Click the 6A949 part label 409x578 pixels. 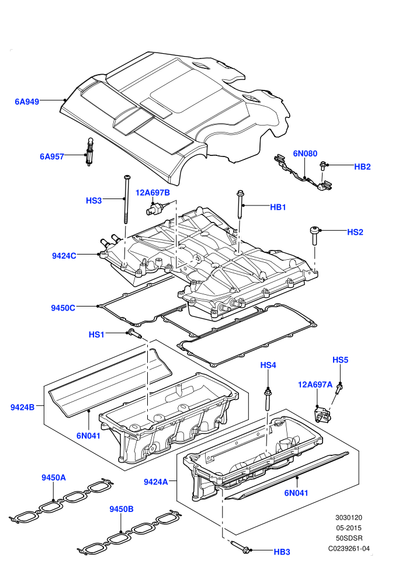click(27, 102)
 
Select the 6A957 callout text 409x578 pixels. click(52, 156)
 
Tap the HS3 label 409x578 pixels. click(93, 200)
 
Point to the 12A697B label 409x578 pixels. click(152, 193)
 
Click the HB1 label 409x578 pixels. click(278, 207)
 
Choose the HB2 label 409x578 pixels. click(362, 166)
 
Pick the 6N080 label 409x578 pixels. click(305, 154)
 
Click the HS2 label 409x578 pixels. click(355, 232)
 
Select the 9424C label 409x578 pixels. click(64, 256)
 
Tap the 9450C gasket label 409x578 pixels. click(63, 308)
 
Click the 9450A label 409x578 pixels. click(54, 478)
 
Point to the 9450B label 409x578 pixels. click(122, 509)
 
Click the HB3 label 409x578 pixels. click(282, 552)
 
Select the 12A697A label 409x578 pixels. click(316, 385)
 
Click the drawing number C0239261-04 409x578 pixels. click(349, 548)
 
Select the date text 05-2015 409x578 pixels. click(349, 528)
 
